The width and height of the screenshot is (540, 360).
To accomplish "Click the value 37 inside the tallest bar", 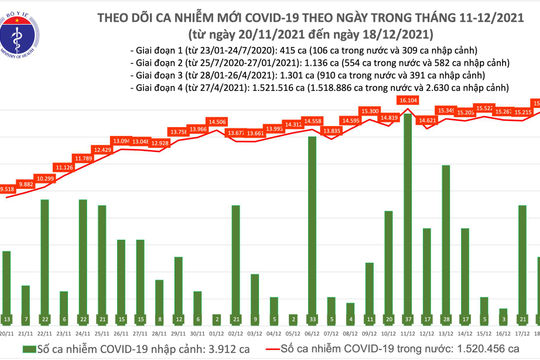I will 407,318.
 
